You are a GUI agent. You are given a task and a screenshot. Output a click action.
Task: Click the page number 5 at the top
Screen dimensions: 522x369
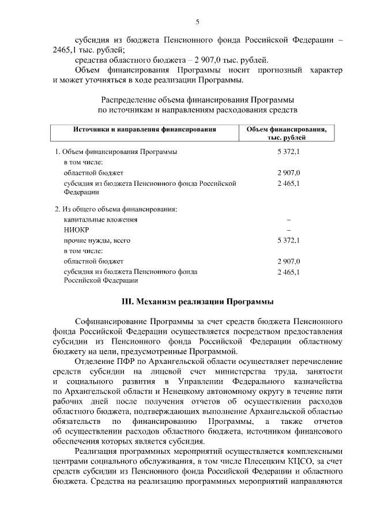coord(197,22)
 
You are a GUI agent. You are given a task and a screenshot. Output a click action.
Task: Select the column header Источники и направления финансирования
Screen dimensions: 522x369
coord(144,130)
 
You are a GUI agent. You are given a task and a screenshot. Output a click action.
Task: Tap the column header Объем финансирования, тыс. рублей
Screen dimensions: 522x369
coord(287,134)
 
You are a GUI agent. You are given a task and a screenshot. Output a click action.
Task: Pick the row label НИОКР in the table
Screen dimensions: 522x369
coord(76,230)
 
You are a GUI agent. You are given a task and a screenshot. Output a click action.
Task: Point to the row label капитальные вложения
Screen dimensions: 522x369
coord(100,219)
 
